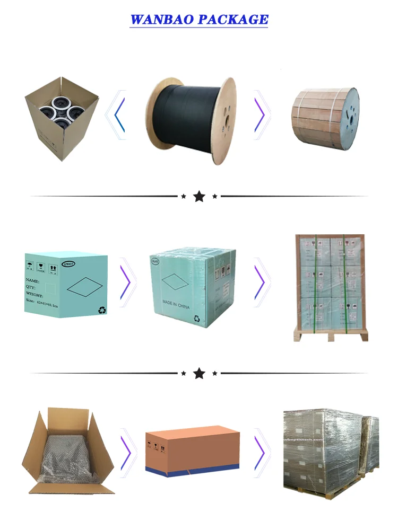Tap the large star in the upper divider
click(199, 197)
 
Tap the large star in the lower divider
click(199, 374)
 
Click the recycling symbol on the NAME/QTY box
click(101, 310)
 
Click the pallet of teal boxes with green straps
click(331, 286)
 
